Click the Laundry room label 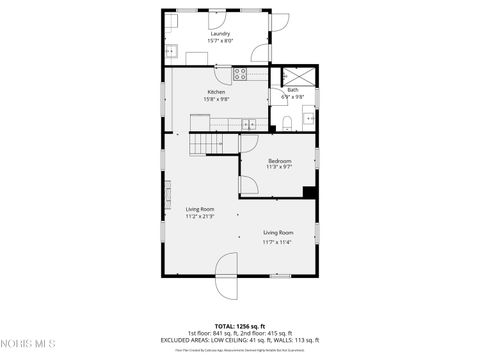point(220,33)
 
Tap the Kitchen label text point(216,91)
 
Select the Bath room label point(293,90)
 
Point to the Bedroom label point(279,161)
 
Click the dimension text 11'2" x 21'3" point(200,216)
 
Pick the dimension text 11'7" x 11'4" point(277,241)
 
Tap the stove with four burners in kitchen point(240,72)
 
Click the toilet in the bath point(286,123)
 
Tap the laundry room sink point(171,50)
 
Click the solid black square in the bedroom point(310,193)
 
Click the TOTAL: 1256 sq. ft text point(239,325)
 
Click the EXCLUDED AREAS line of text point(239,340)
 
